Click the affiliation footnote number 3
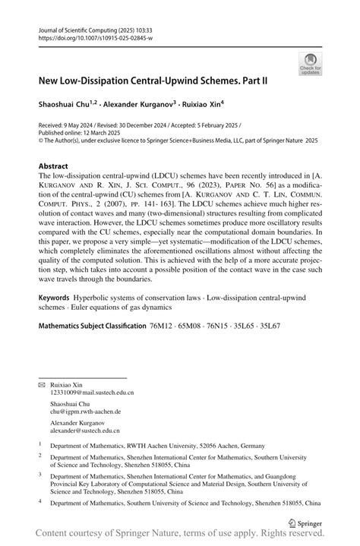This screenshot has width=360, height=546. tap(40, 472)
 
